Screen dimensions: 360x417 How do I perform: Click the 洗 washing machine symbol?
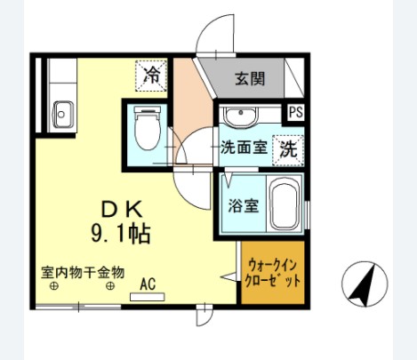coord(288,148)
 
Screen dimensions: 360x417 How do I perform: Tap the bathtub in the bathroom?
coord(284,206)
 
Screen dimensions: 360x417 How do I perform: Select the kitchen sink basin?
coord(63,115)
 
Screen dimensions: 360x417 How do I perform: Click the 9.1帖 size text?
coord(119,235)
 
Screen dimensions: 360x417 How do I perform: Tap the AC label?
coord(148,285)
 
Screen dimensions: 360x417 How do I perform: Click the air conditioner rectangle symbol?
coord(148,297)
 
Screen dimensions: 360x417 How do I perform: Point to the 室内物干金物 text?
coord(82,271)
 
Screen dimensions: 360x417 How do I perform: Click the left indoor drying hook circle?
coord(54,286)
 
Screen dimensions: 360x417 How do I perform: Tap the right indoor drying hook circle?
coord(110,286)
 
